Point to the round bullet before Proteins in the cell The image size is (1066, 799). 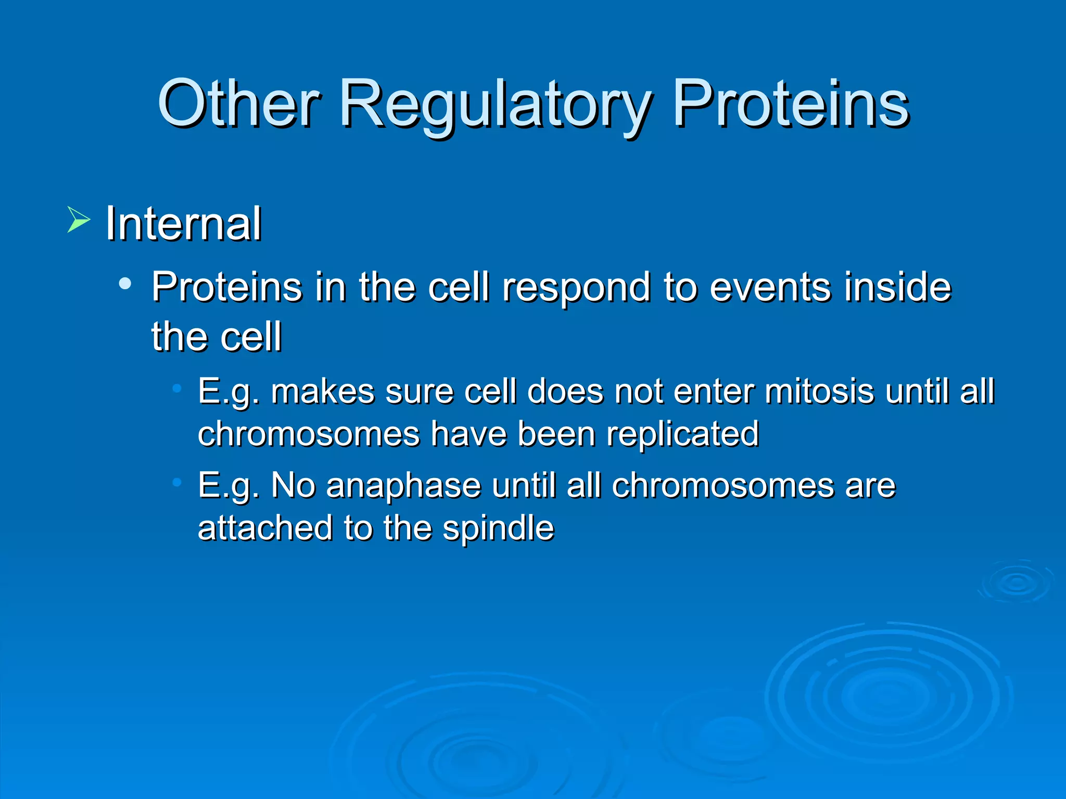125,284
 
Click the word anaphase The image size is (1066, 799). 403,487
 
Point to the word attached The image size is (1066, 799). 265,529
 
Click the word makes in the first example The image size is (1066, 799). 322,391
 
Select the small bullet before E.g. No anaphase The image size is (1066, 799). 177,483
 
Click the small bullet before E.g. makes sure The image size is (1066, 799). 177,388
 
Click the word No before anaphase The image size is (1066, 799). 293,486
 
